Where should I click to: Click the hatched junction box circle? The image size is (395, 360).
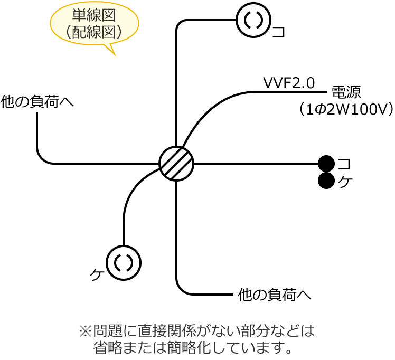tap(176, 164)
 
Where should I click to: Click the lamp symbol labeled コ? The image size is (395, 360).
tap(253, 20)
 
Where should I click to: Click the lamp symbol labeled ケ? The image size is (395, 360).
tap(124, 263)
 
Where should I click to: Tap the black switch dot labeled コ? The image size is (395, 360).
tap(326, 164)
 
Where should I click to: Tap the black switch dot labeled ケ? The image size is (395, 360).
tap(326, 181)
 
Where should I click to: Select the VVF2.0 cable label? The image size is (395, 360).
tap(289, 83)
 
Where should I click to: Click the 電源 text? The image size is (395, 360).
tap(346, 92)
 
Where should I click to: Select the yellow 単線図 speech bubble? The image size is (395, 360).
tap(95, 24)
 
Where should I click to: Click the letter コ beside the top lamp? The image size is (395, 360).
tap(279, 32)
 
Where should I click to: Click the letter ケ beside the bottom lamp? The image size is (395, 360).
tap(96, 275)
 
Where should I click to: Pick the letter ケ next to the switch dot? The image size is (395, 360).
tap(345, 182)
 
